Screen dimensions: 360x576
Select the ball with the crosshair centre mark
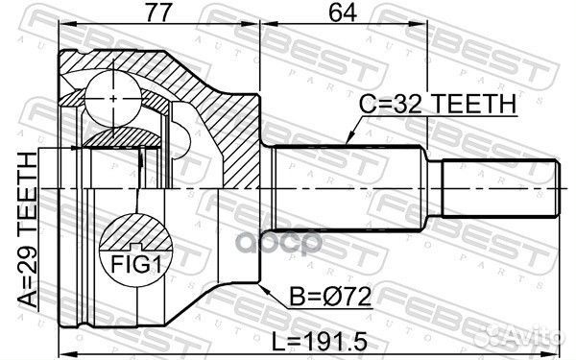(112, 98)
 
